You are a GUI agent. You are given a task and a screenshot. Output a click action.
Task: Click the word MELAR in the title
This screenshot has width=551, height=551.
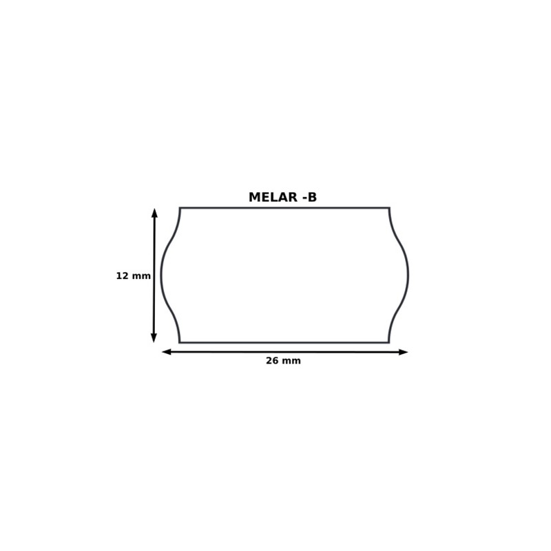pyautogui.click(x=273, y=197)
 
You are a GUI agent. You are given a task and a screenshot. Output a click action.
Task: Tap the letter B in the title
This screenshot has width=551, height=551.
pyautogui.click(x=312, y=197)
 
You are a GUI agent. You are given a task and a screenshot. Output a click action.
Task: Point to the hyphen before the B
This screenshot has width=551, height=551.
pyautogui.click(x=304, y=198)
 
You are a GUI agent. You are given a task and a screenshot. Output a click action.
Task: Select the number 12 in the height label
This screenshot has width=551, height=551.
pyautogui.click(x=123, y=276)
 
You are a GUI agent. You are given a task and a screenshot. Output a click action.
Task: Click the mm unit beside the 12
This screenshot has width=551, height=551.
pyautogui.click(x=141, y=277)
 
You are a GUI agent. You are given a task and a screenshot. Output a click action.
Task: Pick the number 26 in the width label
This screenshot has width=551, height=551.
pyautogui.click(x=272, y=361)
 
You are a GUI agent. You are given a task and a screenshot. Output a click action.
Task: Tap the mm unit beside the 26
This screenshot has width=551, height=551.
pyautogui.click(x=291, y=362)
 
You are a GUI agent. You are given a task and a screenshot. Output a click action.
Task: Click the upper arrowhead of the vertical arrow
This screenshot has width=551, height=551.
pyautogui.click(x=154, y=213)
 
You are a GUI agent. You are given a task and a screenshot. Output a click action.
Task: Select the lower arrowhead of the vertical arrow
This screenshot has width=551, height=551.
pyautogui.click(x=154, y=337)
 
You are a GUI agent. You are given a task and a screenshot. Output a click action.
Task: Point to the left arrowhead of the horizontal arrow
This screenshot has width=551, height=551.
pyautogui.click(x=167, y=351)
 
